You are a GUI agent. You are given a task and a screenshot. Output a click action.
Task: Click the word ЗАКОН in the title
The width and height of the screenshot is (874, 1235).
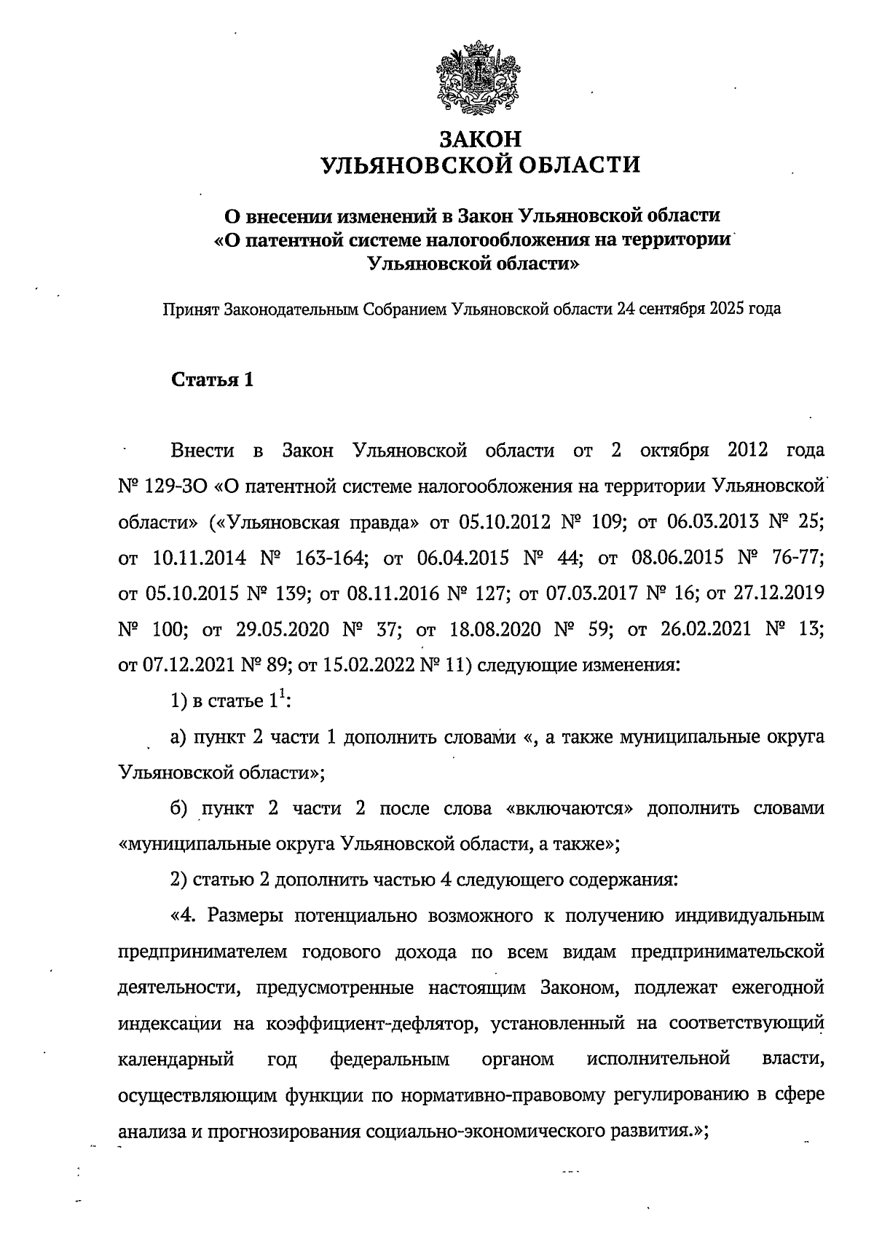(481, 138)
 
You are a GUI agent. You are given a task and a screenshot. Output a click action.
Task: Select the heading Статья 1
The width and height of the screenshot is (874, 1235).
(212, 380)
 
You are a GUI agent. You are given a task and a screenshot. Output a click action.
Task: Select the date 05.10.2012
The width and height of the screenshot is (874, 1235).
(501, 521)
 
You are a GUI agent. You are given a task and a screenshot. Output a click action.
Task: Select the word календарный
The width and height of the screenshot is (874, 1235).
(176, 1060)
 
